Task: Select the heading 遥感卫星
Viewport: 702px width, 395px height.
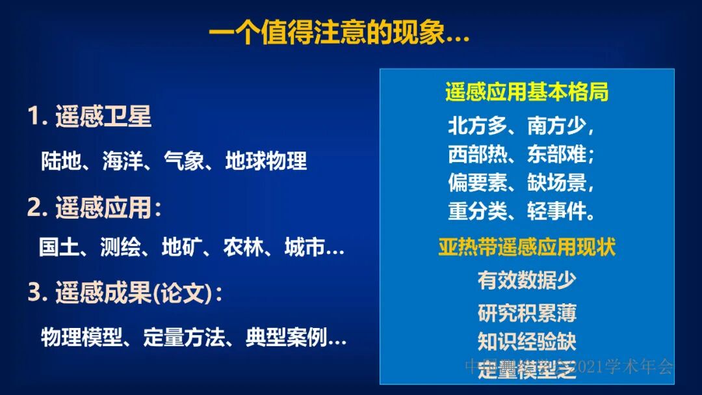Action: pos(103,116)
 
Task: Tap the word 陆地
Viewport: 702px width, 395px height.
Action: pos(61,161)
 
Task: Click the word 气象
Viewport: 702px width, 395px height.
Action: pos(184,161)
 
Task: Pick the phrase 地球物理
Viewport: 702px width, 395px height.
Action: pos(266,161)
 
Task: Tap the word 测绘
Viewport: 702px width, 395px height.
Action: pos(120,248)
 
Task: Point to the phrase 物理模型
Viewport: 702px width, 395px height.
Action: pos(81,337)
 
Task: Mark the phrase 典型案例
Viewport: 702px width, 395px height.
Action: pos(286,337)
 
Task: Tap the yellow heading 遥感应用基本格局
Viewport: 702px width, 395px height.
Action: pos(526,92)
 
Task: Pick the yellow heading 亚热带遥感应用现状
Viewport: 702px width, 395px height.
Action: pos(526,248)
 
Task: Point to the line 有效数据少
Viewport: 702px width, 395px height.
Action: pos(526,280)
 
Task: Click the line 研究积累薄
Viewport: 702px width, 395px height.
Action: pos(526,313)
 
